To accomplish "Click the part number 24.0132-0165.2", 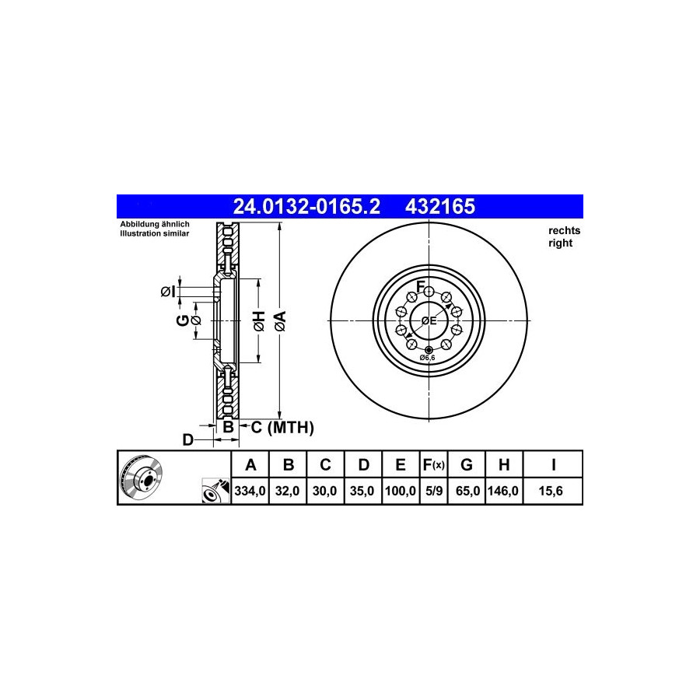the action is [x=306, y=207].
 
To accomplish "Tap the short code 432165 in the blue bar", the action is [x=440, y=207].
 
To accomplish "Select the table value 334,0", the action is [x=250, y=491].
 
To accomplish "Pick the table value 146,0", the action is [x=503, y=491].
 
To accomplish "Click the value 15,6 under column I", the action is [x=551, y=491].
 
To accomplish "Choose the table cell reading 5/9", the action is [x=434, y=491].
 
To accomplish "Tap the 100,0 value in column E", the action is [x=401, y=491].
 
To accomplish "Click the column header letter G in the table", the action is [x=466, y=465].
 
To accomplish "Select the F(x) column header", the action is [x=434, y=465].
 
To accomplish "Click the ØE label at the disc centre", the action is [x=429, y=320].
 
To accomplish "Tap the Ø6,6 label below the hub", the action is [x=427, y=358].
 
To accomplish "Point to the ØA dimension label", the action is [x=280, y=321].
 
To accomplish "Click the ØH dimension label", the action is [x=259, y=321].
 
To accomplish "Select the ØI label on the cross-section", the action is [x=168, y=292].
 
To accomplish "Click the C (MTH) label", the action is [x=282, y=427].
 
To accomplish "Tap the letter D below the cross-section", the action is [x=188, y=440].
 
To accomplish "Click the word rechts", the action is [x=565, y=231].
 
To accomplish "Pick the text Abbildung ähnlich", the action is [x=155, y=224].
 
